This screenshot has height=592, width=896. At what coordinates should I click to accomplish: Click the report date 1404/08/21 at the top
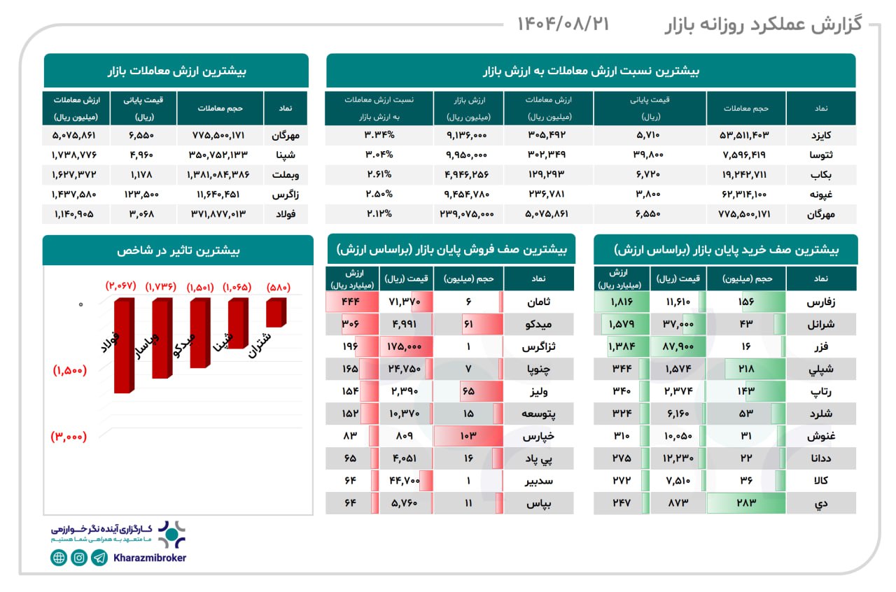(x=563, y=24)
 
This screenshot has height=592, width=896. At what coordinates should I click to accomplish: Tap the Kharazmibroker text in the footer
(x=149, y=558)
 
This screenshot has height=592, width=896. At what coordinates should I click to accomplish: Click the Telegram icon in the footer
(x=99, y=558)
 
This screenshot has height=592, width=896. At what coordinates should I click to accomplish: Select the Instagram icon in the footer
(x=79, y=558)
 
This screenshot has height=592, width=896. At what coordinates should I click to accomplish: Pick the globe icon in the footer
(x=59, y=558)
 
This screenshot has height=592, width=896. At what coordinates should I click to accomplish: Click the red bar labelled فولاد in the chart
(x=124, y=345)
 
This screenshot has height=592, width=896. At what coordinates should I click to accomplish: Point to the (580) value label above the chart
(x=278, y=286)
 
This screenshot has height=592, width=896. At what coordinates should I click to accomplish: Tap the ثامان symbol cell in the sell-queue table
(x=538, y=302)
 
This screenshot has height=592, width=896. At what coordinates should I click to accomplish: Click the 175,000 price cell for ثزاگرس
(x=407, y=346)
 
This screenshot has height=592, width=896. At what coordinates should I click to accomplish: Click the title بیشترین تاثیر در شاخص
(x=178, y=250)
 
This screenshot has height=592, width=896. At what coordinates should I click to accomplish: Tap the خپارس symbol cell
(x=538, y=435)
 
